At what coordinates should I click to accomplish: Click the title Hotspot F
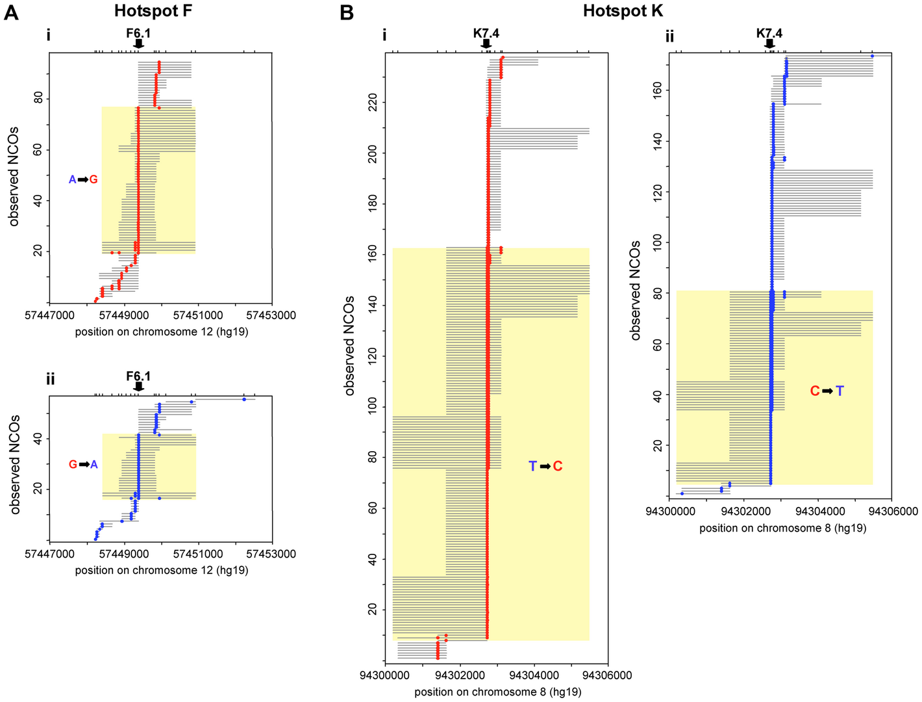[x=153, y=10]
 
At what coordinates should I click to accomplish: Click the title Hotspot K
[x=623, y=10]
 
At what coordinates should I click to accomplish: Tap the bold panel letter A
[x=11, y=12]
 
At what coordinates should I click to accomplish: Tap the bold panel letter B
[x=347, y=12]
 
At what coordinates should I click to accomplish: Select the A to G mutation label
[x=83, y=179]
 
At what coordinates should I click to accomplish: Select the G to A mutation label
[x=83, y=465]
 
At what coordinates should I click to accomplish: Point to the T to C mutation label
[x=545, y=466]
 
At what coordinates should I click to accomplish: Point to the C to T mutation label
[x=827, y=391]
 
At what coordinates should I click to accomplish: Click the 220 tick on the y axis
[x=373, y=102]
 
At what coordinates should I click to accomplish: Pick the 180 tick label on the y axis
[x=373, y=204]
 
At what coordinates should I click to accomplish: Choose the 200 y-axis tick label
[x=373, y=153]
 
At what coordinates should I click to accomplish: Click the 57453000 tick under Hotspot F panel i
[x=272, y=315]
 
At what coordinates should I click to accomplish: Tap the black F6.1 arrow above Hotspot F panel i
[x=138, y=44]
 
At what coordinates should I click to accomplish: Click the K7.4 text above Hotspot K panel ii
[x=769, y=33]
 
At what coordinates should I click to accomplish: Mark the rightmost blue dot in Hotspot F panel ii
[x=244, y=399]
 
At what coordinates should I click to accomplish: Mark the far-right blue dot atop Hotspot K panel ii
[x=872, y=56]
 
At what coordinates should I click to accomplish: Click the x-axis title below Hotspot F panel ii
[x=162, y=570]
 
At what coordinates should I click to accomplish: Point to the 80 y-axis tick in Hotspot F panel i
[x=38, y=97]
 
